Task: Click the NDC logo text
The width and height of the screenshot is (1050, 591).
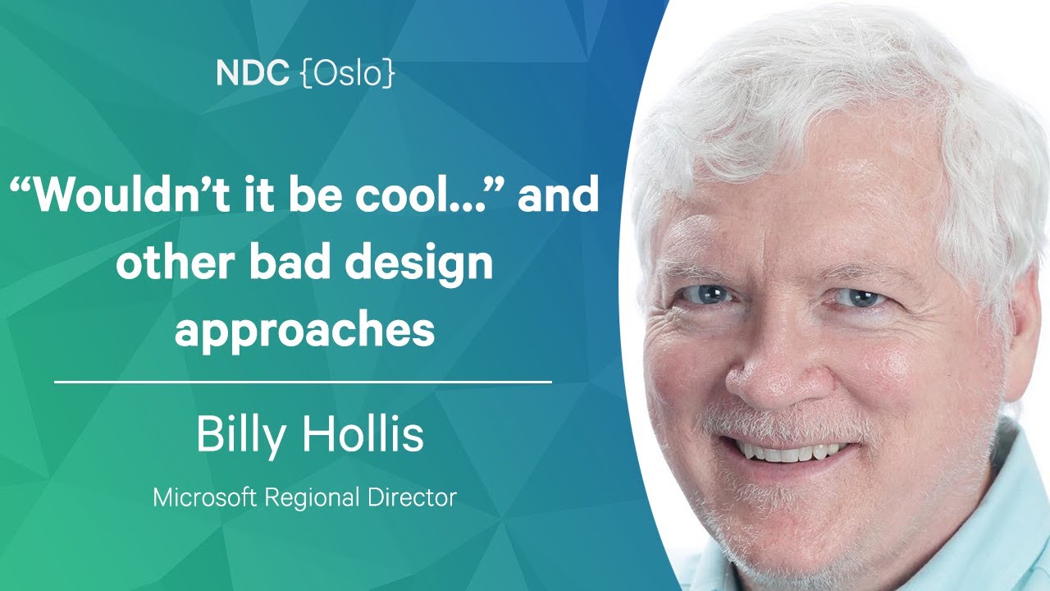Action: [252, 73]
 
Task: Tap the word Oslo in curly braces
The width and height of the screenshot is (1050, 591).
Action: [347, 74]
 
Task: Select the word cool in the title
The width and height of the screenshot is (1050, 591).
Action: [402, 195]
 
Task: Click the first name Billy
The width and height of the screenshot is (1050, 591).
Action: [240, 434]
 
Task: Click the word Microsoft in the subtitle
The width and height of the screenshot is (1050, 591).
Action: [205, 497]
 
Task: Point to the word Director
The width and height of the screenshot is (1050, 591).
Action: [412, 497]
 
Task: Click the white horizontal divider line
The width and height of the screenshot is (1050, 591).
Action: [303, 383]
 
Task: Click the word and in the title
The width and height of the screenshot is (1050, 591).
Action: [558, 193]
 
